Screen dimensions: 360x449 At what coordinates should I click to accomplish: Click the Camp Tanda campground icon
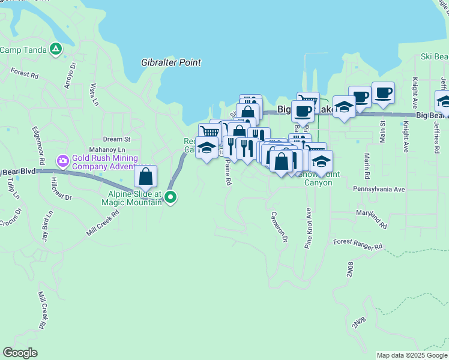click(56, 49)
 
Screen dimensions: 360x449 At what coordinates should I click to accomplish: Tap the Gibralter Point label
click(171, 62)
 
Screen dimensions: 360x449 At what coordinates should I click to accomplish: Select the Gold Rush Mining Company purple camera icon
click(62, 161)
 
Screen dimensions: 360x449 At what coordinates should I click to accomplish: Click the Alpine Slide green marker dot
click(171, 196)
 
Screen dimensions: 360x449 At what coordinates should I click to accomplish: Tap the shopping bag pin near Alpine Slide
click(145, 176)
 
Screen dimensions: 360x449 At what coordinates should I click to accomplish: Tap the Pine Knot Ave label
click(309, 228)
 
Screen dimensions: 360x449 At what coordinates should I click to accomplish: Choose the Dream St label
click(116, 139)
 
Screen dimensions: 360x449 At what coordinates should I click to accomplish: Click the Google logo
click(20, 353)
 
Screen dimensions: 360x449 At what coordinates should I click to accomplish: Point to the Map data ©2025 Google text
click(412, 355)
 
